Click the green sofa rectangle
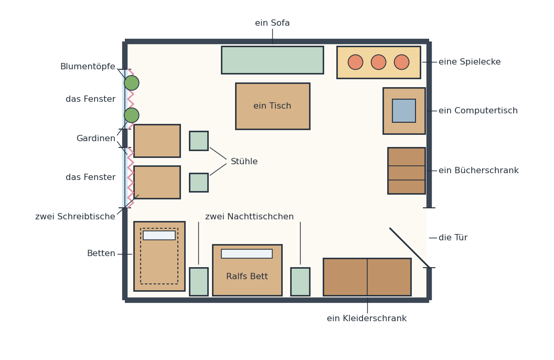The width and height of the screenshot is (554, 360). pyautogui.click(x=272, y=60)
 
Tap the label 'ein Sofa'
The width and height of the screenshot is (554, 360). pyautogui.click(x=272, y=23)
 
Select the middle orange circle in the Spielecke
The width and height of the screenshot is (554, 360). pyautogui.click(x=378, y=62)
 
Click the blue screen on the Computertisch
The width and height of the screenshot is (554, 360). pyautogui.click(x=404, y=111)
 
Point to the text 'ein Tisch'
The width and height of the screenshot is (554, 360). pyautogui.click(x=272, y=105)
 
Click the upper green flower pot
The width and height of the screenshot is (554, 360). pyautogui.click(x=132, y=83)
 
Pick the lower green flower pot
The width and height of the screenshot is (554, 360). pyautogui.click(x=132, y=115)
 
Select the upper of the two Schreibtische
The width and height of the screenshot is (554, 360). pyautogui.click(x=157, y=141)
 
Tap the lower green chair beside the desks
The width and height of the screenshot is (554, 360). pyautogui.click(x=198, y=183)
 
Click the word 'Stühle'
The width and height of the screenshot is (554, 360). pyautogui.click(x=244, y=162)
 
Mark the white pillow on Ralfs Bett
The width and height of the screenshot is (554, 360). pyautogui.click(x=247, y=253)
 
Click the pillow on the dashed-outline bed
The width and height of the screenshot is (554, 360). pyautogui.click(x=159, y=235)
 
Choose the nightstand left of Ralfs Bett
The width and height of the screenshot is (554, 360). pyautogui.click(x=198, y=282)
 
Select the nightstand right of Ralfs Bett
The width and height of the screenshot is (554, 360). pyautogui.click(x=300, y=282)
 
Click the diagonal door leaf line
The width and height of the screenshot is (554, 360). pyautogui.click(x=410, y=248)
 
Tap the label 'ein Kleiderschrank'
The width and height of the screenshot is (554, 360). pyautogui.click(x=367, y=319)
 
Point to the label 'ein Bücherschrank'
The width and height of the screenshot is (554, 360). pyautogui.click(x=479, y=170)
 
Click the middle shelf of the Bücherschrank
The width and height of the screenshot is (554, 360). pyautogui.click(x=406, y=173)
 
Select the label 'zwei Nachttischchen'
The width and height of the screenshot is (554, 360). pyautogui.click(x=249, y=217)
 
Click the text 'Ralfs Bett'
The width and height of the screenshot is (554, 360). pyautogui.click(x=247, y=276)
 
